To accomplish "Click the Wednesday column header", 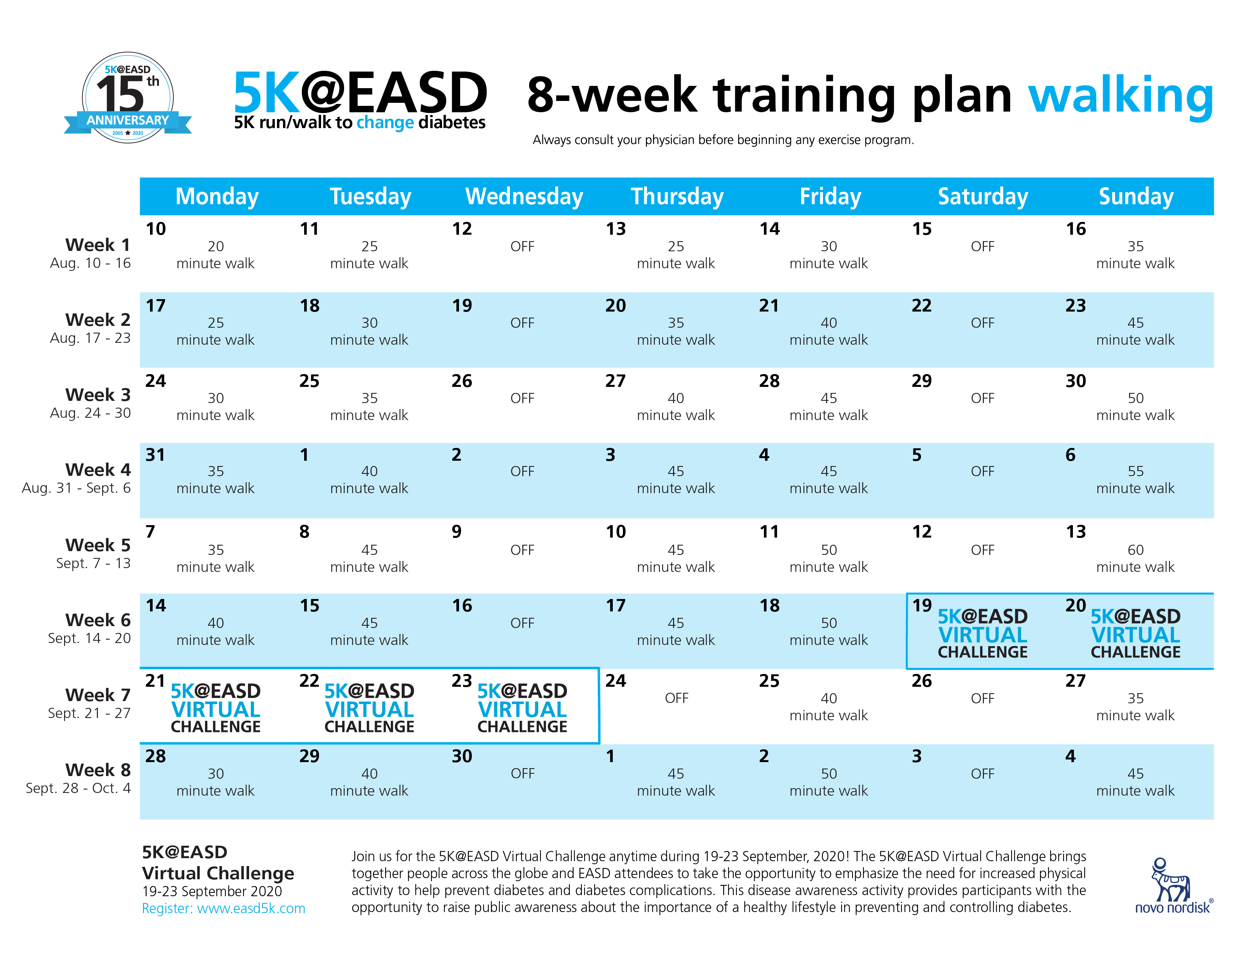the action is click(524, 196).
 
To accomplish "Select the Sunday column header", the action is click(1136, 196).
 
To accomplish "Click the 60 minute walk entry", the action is click(1135, 559).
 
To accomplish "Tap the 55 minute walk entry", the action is click(1135, 480).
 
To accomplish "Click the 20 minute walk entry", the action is click(215, 255).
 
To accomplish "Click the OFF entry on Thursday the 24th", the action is click(676, 698).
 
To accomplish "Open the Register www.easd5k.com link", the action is click(223, 908).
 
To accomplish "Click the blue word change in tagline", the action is click(385, 123).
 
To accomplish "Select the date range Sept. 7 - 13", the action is click(93, 563).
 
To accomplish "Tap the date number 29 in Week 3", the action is click(922, 381).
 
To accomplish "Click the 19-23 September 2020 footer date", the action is click(212, 891).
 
